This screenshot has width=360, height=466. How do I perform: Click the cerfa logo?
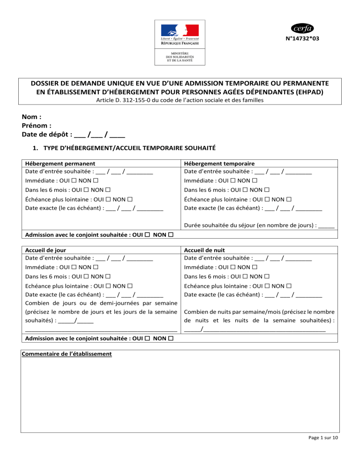[302, 27]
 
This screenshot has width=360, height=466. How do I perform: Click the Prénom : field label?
[37, 126]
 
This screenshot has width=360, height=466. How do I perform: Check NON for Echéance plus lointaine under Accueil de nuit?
[288, 285]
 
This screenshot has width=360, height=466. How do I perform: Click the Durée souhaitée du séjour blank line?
[325, 225]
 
